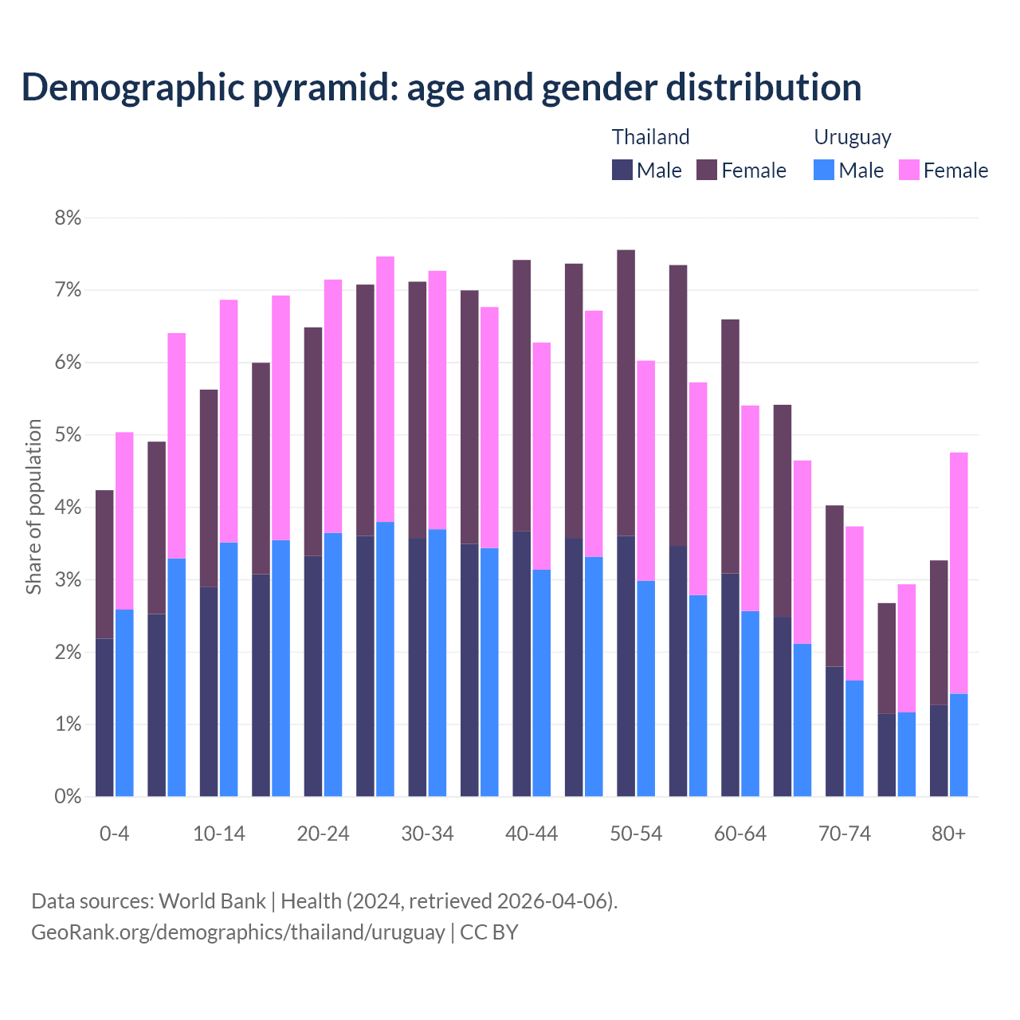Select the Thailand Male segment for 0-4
click(x=104, y=717)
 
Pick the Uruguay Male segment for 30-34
click(x=437, y=662)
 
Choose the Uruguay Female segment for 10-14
click(x=229, y=421)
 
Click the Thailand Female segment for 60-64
click(x=730, y=446)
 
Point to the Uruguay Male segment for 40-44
click(x=542, y=683)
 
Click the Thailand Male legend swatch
click(x=622, y=170)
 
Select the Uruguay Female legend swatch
click(x=908, y=170)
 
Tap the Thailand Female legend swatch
click(x=707, y=170)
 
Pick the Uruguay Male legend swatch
click(x=824, y=170)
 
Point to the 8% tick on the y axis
click(x=68, y=218)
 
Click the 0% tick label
click(x=68, y=796)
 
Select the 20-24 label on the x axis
click(x=323, y=834)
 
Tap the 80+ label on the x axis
click(x=948, y=834)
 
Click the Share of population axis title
click(x=33, y=507)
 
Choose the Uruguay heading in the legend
click(x=852, y=137)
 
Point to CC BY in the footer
click(x=489, y=932)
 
